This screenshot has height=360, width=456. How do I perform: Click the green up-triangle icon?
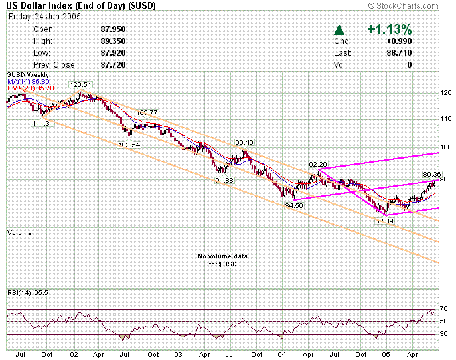[x=339, y=30]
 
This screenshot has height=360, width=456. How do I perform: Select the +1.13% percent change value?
[x=389, y=30]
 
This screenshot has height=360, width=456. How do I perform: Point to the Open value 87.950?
[x=113, y=29]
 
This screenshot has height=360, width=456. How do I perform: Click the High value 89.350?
[x=113, y=41]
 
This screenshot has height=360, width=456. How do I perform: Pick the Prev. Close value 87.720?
[x=113, y=65]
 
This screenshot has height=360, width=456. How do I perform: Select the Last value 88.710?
[x=399, y=53]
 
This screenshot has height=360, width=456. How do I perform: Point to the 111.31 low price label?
[x=42, y=123]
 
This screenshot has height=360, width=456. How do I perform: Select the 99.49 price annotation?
[x=244, y=142]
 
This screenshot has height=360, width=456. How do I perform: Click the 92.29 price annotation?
[x=317, y=163]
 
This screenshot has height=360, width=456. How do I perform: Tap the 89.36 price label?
[x=432, y=174]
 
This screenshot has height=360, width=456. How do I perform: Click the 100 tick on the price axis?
[x=447, y=147]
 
